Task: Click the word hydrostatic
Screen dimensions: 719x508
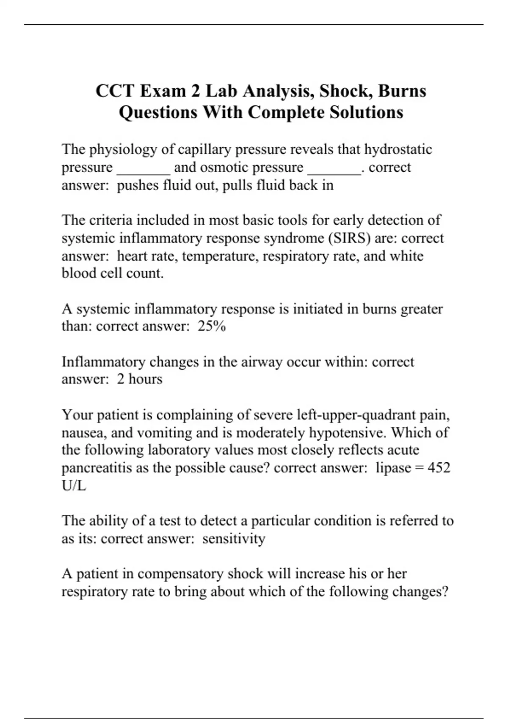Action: point(398,149)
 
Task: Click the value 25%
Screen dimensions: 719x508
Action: point(212,327)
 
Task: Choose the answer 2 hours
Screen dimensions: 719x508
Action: point(140,379)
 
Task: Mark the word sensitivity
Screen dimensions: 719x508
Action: point(234,539)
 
